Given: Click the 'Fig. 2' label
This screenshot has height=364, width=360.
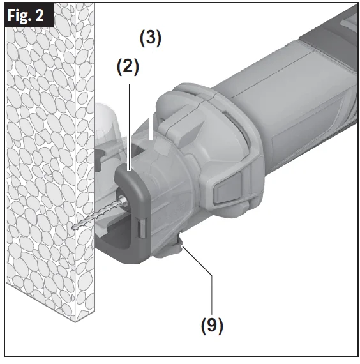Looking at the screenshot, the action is pos(26,15).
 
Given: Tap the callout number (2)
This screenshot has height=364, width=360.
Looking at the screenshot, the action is pos(128,67).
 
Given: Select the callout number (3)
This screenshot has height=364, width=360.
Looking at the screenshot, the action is pos(151,38).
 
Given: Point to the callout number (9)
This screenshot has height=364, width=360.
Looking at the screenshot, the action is pos(212,326).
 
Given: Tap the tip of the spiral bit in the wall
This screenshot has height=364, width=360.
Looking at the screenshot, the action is pos(73,227).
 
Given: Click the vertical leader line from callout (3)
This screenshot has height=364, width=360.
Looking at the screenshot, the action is pos(151,96).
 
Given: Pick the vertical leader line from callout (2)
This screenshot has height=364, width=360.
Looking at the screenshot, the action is pos(130,127).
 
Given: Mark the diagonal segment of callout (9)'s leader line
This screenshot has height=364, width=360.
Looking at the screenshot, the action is pos(197,261).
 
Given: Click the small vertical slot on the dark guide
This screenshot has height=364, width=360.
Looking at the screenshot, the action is pos(142,228).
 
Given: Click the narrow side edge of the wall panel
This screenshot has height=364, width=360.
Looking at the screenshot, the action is pos(85,162).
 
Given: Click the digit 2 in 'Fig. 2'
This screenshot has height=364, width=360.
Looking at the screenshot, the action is pos(40,15).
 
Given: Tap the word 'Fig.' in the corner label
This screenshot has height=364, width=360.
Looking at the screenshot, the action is pos(19,16).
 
